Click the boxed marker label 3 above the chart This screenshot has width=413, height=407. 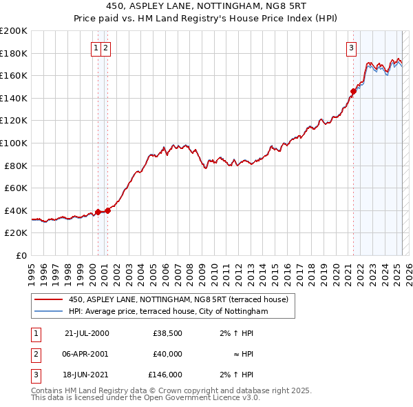pyautogui.click(x=351, y=48)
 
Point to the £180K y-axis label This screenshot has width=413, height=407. pyautogui.click(x=14, y=53)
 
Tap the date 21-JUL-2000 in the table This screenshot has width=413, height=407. pyautogui.click(x=87, y=333)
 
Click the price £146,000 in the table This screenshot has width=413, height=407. pyautogui.click(x=165, y=375)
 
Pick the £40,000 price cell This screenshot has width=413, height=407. pyautogui.click(x=167, y=354)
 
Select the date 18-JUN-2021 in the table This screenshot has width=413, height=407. pyautogui.click(x=87, y=375)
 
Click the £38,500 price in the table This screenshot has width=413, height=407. pyautogui.click(x=167, y=333)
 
